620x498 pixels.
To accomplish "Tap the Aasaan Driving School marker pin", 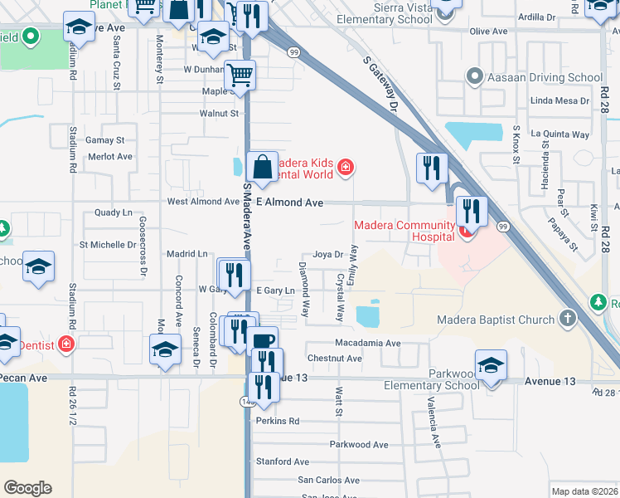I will [475, 78].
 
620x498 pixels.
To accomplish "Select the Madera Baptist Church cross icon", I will [567, 319].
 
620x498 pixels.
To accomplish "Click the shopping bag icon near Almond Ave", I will [262, 168].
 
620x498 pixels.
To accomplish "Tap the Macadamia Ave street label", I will [367, 343].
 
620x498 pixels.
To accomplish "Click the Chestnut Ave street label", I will [334, 359].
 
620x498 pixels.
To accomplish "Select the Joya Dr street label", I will [327, 255].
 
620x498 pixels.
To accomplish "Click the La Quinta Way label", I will [559, 134].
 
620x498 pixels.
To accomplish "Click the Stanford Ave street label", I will [283, 461].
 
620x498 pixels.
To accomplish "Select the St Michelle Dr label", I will [108, 245].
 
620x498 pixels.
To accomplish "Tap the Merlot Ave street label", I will [110, 156].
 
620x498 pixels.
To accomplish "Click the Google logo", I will [27, 488].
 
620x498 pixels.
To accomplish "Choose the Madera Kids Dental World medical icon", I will [346, 169].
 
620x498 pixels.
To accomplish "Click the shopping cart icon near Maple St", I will [240, 76].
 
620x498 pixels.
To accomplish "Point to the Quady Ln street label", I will [114, 212].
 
